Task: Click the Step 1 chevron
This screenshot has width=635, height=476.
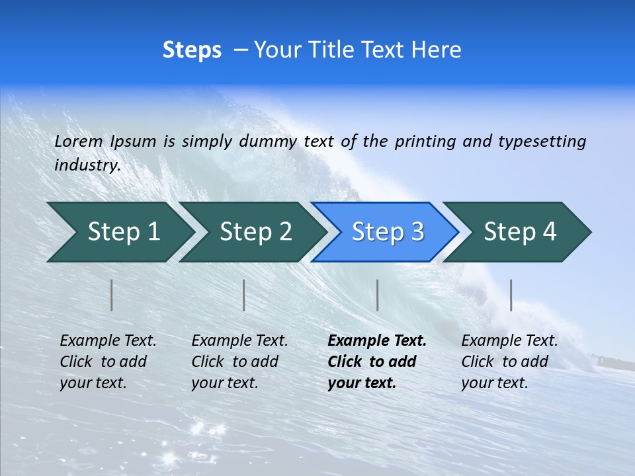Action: [x=119, y=232]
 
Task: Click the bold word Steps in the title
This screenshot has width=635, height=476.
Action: [x=192, y=50]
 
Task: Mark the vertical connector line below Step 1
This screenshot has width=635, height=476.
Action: [x=112, y=295]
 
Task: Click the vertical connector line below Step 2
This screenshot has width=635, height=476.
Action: [x=244, y=295]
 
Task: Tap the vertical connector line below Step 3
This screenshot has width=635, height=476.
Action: [x=377, y=295]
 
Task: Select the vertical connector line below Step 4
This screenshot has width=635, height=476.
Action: [x=511, y=295]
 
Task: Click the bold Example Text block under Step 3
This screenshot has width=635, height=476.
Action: [x=376, y=362]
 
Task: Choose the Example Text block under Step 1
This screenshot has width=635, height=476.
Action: [x=108, y=362]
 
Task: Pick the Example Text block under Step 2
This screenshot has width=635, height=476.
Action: [x=239, y=362]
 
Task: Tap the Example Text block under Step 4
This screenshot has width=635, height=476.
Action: [x=509, y=362]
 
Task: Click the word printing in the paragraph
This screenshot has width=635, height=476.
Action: [x=425, y=141]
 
